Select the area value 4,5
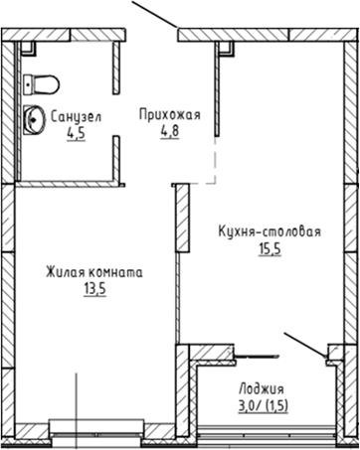click(x=76, y=134)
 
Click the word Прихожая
click(x=169, y=114)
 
